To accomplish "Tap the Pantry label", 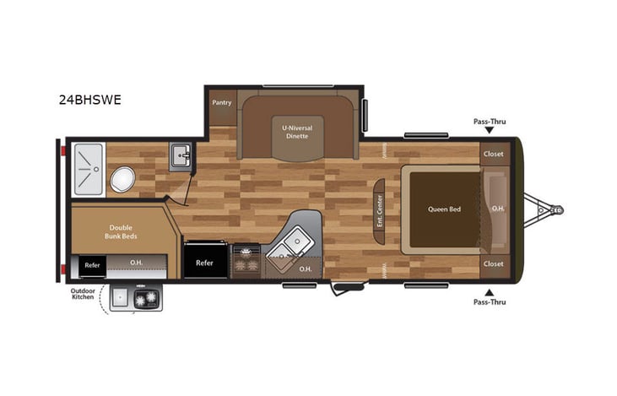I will coord(222,102).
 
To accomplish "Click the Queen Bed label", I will coord(443,209).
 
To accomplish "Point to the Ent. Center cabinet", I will coord(379,210).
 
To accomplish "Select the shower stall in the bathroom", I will coord(88,170).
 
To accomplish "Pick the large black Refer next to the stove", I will coord(205,262).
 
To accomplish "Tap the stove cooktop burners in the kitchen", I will coord(246,258).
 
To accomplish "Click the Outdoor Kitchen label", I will coord(83,297).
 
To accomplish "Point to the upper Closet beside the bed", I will coord(493,155).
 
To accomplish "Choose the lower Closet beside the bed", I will coord(493,263).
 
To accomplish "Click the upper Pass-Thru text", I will coord(490,122).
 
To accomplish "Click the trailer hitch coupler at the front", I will coord(555,209).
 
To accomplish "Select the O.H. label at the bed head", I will coord(498,209).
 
